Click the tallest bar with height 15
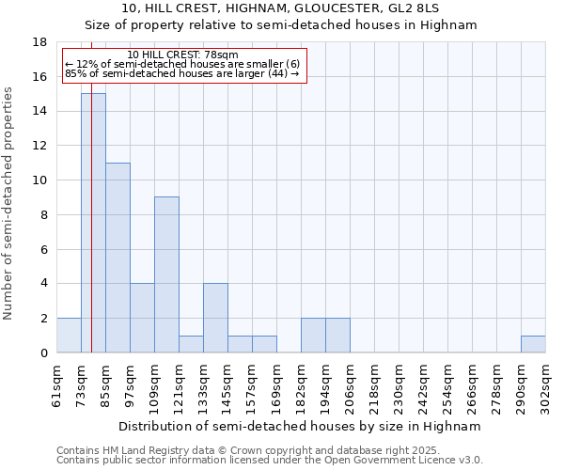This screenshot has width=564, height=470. click(x=93, y=223)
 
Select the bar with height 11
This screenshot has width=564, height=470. click(x=117, y=258)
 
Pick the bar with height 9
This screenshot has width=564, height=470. click(x=166, y=274)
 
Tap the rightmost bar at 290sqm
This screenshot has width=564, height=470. click(x=533, y=344)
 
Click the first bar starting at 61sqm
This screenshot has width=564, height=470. click(x=69, y=336)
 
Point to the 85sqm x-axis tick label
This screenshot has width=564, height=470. click(x=106, y=386)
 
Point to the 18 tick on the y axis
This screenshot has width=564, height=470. click(x=40, y=42)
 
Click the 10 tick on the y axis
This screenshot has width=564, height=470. click(x=40, y=180)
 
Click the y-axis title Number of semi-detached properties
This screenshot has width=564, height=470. click(x=9, y=203)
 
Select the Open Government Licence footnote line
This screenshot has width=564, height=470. click(x=270, y=461)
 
